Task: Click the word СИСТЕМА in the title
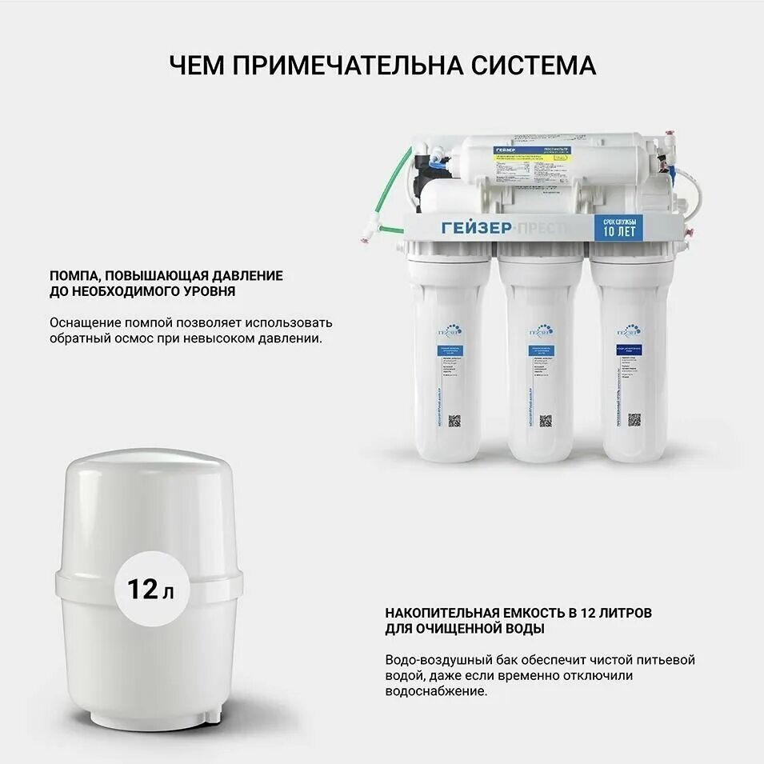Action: click(530, 66)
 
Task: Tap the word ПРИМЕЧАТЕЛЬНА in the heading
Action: click(342, 66)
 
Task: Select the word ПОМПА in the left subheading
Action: click(74, 275)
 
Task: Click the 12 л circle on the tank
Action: click(149, 590)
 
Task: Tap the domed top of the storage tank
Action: click(149, 472)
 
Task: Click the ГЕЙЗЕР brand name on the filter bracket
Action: click(477, 228)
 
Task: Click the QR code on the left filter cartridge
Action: click(454, 420)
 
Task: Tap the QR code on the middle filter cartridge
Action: click(546, 420)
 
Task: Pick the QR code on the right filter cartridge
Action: click(634, 419)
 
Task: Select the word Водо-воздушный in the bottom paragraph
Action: click(434, 660)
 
